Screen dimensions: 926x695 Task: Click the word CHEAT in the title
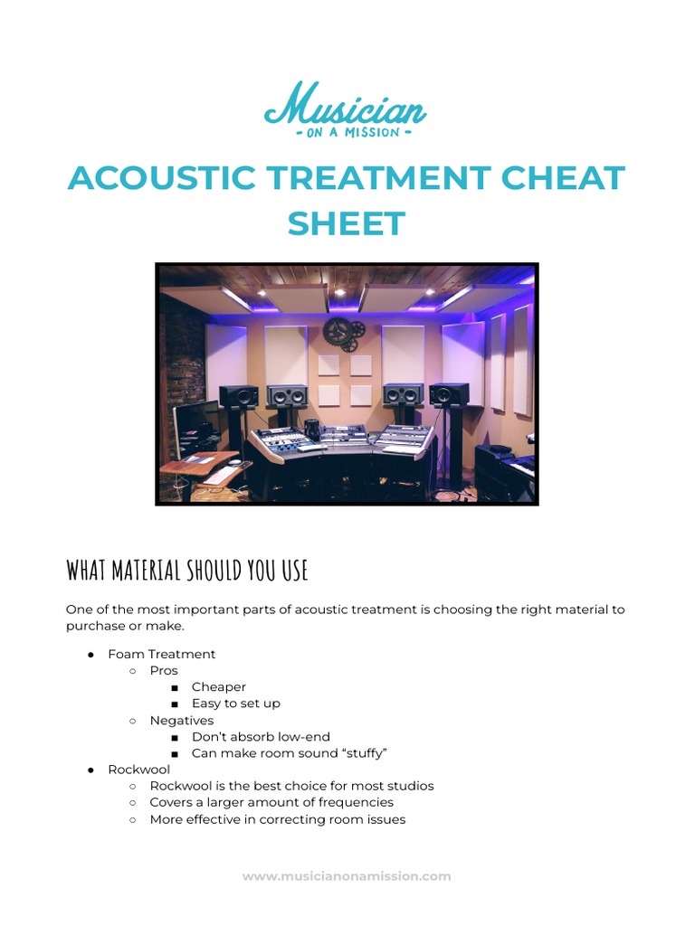pyautogui.click(x=564, y=178)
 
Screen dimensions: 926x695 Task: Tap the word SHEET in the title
pyautogui.click(x=347, y=222)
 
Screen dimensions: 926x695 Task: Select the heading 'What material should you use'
pyautogui.click(x=187, y=571)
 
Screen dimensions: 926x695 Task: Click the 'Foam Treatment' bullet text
pyautogui.click(x=162, y=654)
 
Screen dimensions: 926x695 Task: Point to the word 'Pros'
pyautogui.click(x=164, y=671)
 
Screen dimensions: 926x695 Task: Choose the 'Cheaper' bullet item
pyautogui.click(x=219, y=687)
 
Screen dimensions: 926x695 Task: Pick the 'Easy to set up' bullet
pyautogui.click(x=236, y=704)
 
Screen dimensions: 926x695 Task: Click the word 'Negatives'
pyautogui.click(x=182, y=721)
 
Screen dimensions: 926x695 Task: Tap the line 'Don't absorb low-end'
pyautogui.click(x=261, y=737)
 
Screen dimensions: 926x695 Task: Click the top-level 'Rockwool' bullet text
pyautogui.click(x=138, y=770)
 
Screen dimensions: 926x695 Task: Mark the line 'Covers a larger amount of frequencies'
pyautogui.click(x=271, y=802)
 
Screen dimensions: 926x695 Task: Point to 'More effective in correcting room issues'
pyautogui.click(x=278, y=819)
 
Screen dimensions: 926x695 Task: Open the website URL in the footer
pyautogui.click(x=347, y=876)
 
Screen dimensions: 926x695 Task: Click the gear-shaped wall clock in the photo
pyautogui.click(x=343, y=333)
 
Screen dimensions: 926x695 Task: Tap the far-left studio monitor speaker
pyautogui.click(x=239, y=396)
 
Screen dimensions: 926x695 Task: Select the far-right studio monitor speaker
pyautogui.click(x=450, y=395)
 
